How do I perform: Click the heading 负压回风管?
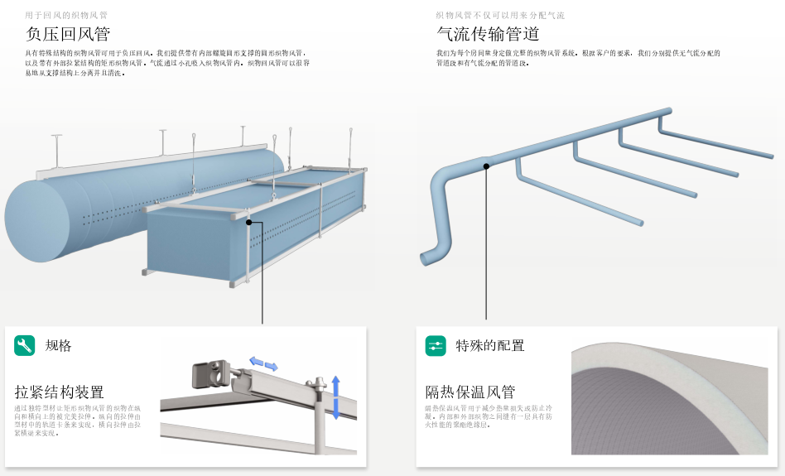(x=68, y=34)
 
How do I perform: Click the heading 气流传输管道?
(x=488, y=34)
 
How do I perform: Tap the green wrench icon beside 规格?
(x=25, y=345)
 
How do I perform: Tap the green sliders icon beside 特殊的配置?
(x=436, y=345)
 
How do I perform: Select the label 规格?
(x=58, y=346)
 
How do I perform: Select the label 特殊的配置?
(x=489, y=346)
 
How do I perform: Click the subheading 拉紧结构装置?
(x=60, y=392)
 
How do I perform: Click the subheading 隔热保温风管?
(x=470, y=392)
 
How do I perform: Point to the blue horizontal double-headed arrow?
(x=264, y=363)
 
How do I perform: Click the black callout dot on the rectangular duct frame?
(x=249, y=222)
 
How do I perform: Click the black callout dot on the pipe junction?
(x=487, y=166)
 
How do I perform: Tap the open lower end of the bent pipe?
(x=426, y=259)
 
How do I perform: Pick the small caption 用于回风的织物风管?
(x=66, y=15)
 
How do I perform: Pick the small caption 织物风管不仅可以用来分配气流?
(x=500, y=15)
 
